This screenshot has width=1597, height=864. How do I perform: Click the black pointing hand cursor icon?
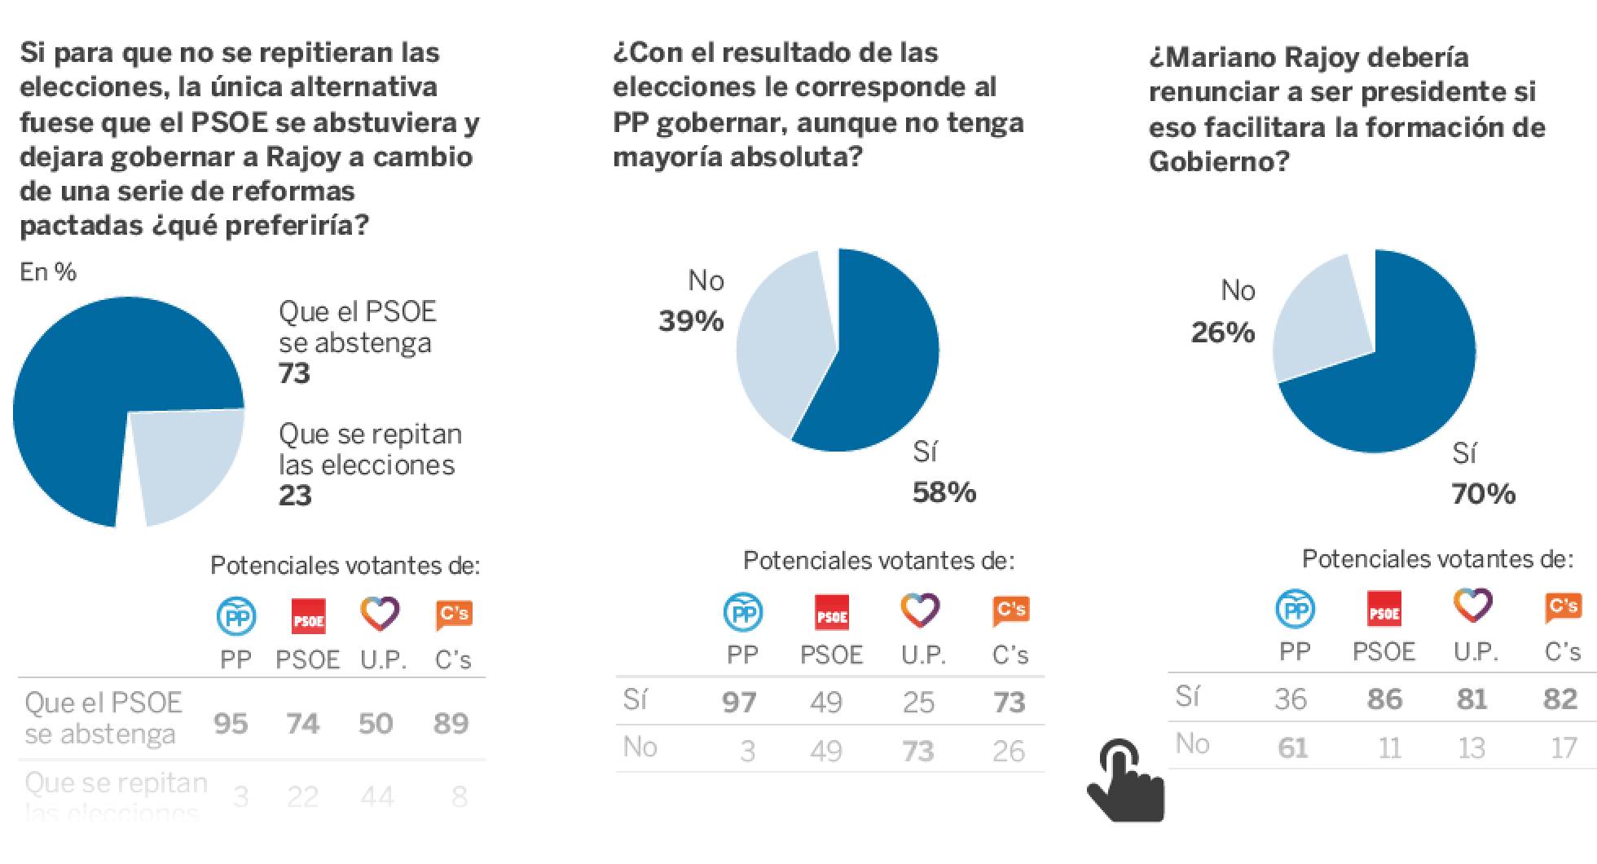pyautogui.click(x=1125, y=782)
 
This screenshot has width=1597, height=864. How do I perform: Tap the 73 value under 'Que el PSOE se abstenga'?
pyautogui.click(x=295, y=373)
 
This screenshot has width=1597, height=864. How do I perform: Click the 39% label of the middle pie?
pyautogui.click(x=691, y=321)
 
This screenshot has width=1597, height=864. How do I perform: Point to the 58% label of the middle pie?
pyautogui.click(x=944, y=492)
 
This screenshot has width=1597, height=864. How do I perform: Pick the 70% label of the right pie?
pyautogui.click(x=1483, y=494)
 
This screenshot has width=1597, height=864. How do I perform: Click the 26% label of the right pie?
pyautogui.click(x=1222, y=333)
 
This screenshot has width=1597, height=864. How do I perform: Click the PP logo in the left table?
pyautogui.click(x=236, y=616)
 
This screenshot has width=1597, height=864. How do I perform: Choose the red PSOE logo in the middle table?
pyautogui.click(x=832, y=614)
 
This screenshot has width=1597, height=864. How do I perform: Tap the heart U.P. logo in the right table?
pyautogui.click(x=1473, y=606)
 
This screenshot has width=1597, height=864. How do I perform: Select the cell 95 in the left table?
pyautogui.click(x=231, y=724)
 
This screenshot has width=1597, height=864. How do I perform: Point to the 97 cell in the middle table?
pyautogui.click(x=739, y=703)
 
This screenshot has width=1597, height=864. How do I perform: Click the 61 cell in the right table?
pyautogui.click(x=1292, y=747)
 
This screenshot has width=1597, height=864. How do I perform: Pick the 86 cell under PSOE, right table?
pyautogui.click(x=1384, y=699)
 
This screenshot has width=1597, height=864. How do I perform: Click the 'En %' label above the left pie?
pyautogui.click(x=48, y=272)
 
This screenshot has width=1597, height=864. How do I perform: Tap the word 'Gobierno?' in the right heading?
pyautogui.click(x=1219, y=161)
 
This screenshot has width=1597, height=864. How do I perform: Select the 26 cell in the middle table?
pyautogui.click(x=1009, y=751)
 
